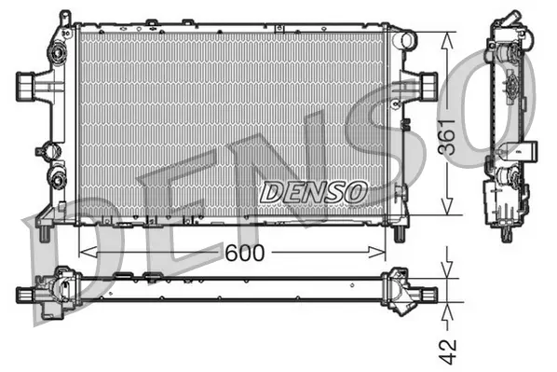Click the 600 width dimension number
242,252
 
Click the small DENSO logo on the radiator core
312,192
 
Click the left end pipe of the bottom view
25,295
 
